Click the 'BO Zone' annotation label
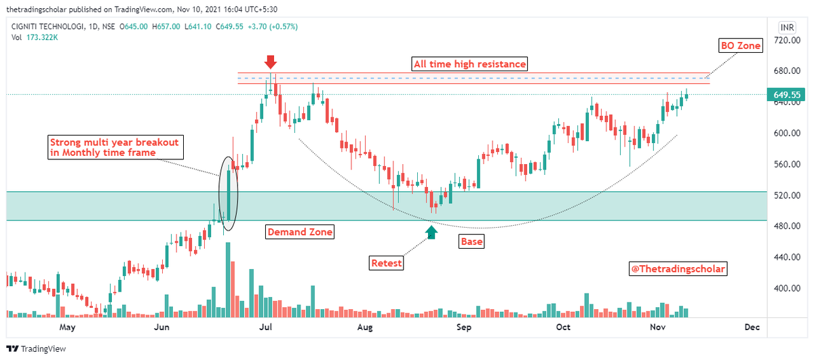740,46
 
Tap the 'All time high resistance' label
469,64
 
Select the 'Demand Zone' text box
299,232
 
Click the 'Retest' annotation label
387,263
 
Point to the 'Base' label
471,241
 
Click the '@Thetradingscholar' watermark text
678,269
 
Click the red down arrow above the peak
271,62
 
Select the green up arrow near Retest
431,232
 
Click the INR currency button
787,28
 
